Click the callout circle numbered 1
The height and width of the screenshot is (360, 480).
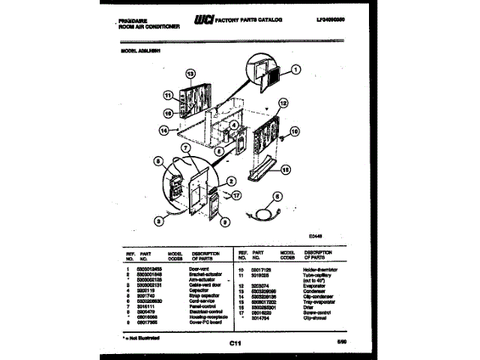(x=295, y=71)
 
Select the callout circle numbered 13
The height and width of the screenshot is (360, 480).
(x=190, y=74)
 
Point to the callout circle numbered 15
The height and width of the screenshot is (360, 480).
(x=285, y=169)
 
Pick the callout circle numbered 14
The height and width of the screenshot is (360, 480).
(x=164, y=130)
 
